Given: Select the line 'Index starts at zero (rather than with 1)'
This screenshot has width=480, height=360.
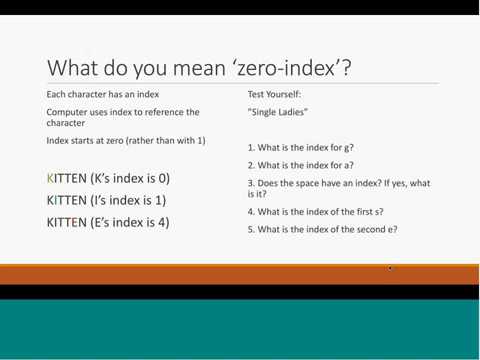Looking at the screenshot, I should (126, 140).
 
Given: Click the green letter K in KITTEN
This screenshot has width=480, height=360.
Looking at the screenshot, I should (51, 178).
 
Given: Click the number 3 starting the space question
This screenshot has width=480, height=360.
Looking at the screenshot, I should (250, 182).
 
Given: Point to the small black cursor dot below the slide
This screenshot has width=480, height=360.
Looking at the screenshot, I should (390, 268).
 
